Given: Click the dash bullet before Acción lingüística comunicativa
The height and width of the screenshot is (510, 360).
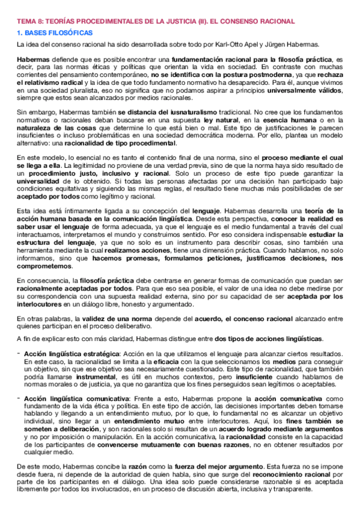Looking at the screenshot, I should (x=18, y=398).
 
